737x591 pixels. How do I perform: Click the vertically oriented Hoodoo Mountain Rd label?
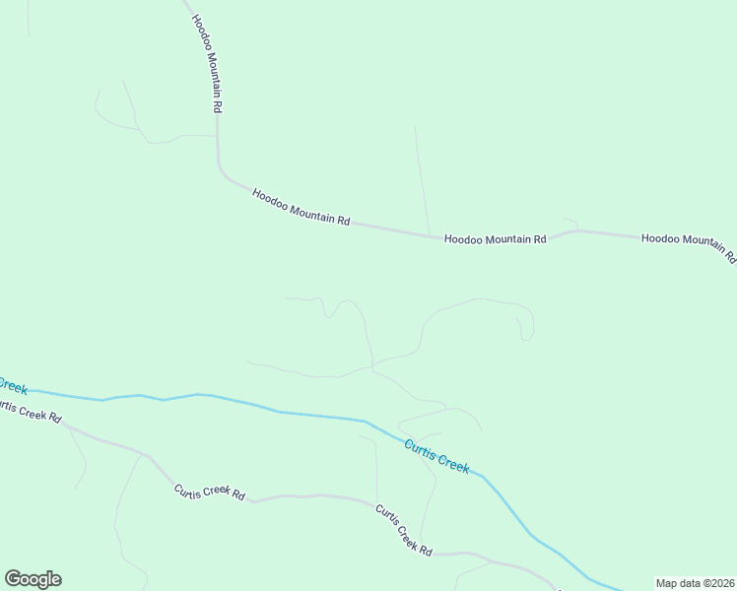pos(206,56)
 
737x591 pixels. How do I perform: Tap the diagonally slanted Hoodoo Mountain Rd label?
pos(301,208)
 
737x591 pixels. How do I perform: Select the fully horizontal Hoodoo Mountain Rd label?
pos(495,239)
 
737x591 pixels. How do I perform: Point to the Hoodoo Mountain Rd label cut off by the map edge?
pos(689,244)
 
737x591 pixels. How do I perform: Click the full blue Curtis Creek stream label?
pos(436,456)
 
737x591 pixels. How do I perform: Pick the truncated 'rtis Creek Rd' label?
pos(30,412)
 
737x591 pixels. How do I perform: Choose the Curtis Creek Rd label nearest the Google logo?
pos(209,492)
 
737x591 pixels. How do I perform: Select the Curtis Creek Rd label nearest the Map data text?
pos(403,530)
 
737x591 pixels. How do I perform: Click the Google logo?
pos(33,579)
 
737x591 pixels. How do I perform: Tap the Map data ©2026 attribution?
pos(695,583)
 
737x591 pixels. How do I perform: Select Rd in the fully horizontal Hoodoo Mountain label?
pos(539,239)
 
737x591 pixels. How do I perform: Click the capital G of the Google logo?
pos(13,579)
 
